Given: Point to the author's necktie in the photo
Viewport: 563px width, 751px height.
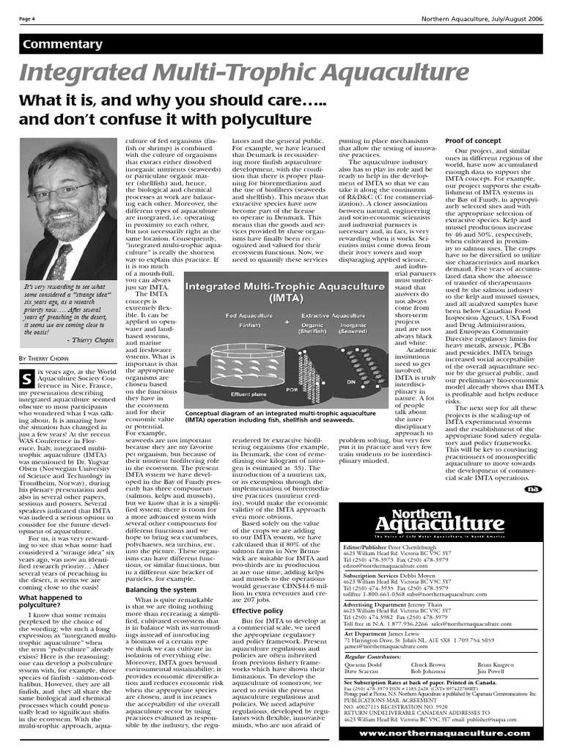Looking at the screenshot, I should click(57, 261).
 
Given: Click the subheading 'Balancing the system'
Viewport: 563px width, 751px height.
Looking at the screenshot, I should click(161, 589).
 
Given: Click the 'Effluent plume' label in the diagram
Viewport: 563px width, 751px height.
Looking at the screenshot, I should click(229, 393).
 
